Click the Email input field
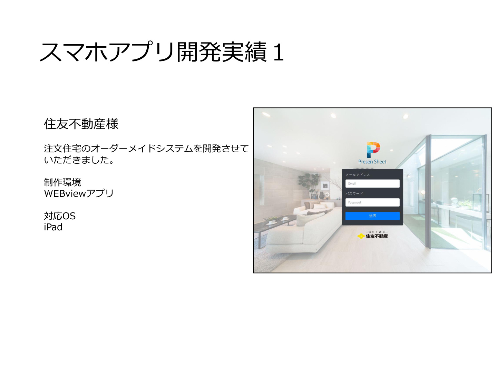pos(372,183)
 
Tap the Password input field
pos(372,202)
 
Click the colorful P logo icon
pos(373,150)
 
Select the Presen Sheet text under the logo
pos(372,162)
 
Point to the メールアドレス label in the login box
pos(358,175)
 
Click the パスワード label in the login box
pos(354,193)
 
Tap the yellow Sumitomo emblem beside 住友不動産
pos(361,236)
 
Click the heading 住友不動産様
pos(81,124)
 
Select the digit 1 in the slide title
pos(279,52)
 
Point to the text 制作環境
pos(62,182)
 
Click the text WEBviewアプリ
pos(79,193)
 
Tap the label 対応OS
pos(60,216)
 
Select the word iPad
pos(53,227)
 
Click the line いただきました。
pos(79,160)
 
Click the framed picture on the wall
pos(325,185)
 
